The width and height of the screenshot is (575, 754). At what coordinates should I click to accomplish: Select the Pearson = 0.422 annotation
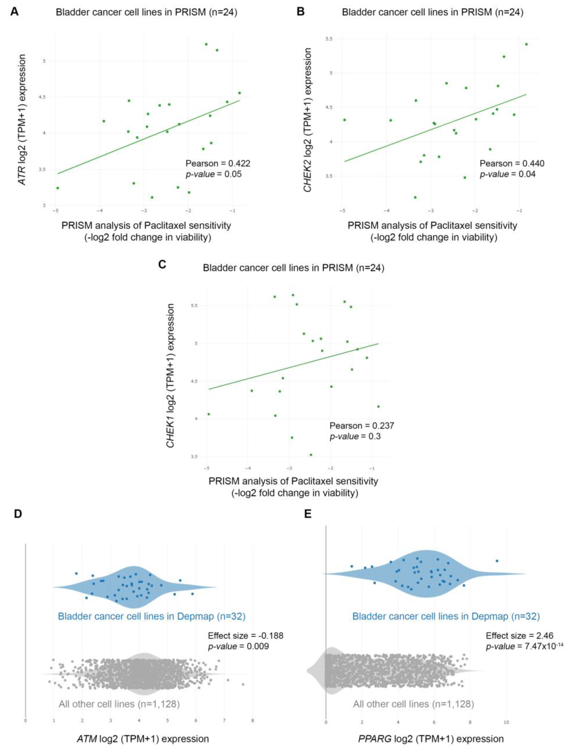tap(218, 163)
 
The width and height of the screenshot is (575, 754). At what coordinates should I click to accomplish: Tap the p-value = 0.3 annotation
tap(355, 436)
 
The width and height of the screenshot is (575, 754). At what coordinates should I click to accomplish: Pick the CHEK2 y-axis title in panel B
tap(308, 120)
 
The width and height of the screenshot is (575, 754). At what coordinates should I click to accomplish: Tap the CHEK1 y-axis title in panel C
tap(170, 376)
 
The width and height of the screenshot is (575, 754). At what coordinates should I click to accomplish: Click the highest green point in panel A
tap(206, 44)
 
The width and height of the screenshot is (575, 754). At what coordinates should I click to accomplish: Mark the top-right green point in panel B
tap(526, 44)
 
